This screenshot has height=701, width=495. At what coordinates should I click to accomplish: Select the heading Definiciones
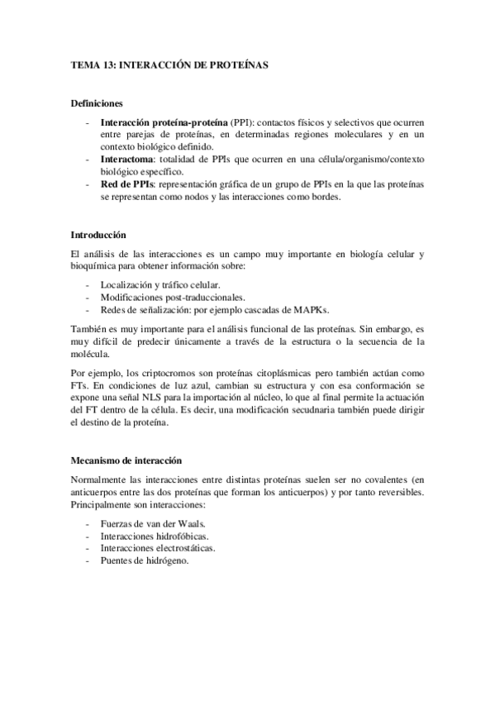(x=96, y=103)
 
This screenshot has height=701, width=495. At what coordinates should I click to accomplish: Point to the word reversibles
(x=397, y=493)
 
